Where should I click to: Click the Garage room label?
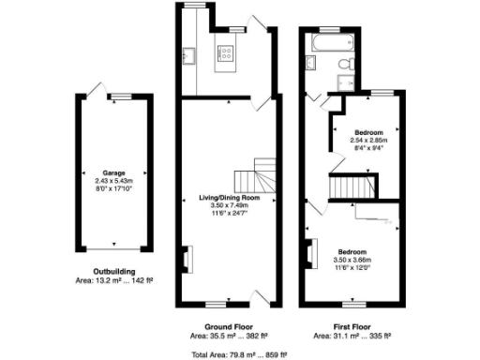[x=113, y=172]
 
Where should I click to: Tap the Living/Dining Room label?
[x=230, y=197]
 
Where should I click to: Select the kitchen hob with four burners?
[x=226, y=53]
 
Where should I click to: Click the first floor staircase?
[x=356, y=186]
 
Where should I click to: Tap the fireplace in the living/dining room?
[x=185, y=258]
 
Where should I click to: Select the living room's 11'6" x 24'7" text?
[x=230, y=213]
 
